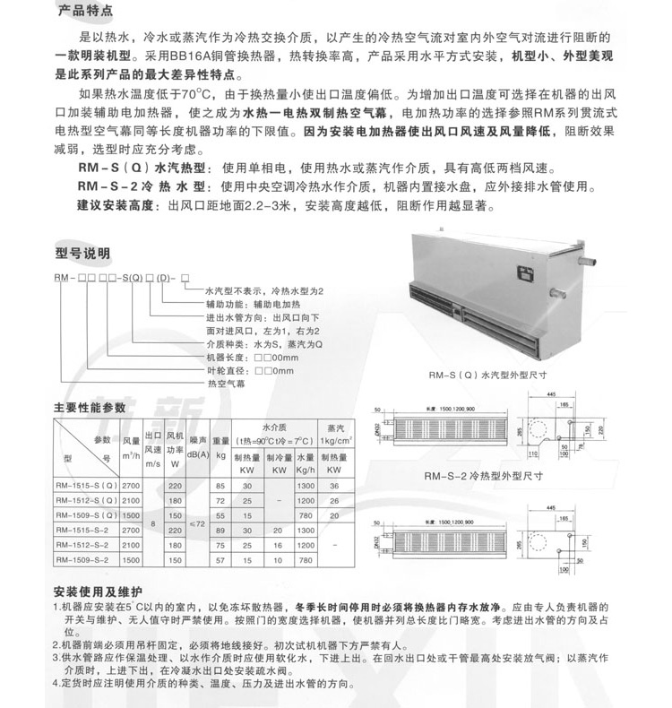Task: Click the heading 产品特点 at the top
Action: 84,13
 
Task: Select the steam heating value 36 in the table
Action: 333,485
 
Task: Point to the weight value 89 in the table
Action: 220,530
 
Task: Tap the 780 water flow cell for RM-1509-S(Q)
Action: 305,515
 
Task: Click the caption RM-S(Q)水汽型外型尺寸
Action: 487,376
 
